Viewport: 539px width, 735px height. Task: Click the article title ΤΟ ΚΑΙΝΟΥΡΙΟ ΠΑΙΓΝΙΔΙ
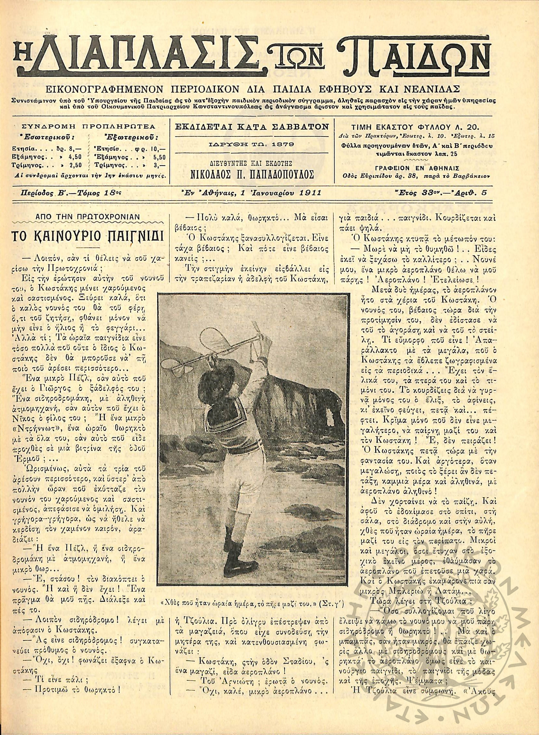click(87, 235)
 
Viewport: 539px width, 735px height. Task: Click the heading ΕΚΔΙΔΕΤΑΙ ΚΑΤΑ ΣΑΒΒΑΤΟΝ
click(252, 127)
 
